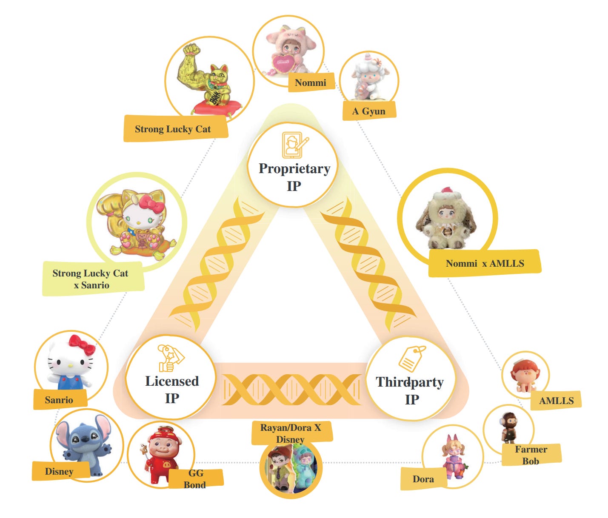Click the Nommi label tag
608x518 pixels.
point(311,83)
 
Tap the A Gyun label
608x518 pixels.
point(369,111)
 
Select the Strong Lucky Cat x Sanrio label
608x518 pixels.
point(90,279)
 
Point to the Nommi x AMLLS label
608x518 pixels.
point(485,263)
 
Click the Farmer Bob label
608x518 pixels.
point(531,455)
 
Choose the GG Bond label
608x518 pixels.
point(195,478)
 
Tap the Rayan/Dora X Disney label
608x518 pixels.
point(291,433)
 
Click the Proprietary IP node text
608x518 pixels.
point(294,177)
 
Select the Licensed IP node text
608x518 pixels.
point(172,389)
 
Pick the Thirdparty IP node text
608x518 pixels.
point(410,390)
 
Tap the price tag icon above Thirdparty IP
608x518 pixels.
point(411,359)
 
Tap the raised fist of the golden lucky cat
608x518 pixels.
point(191,50)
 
